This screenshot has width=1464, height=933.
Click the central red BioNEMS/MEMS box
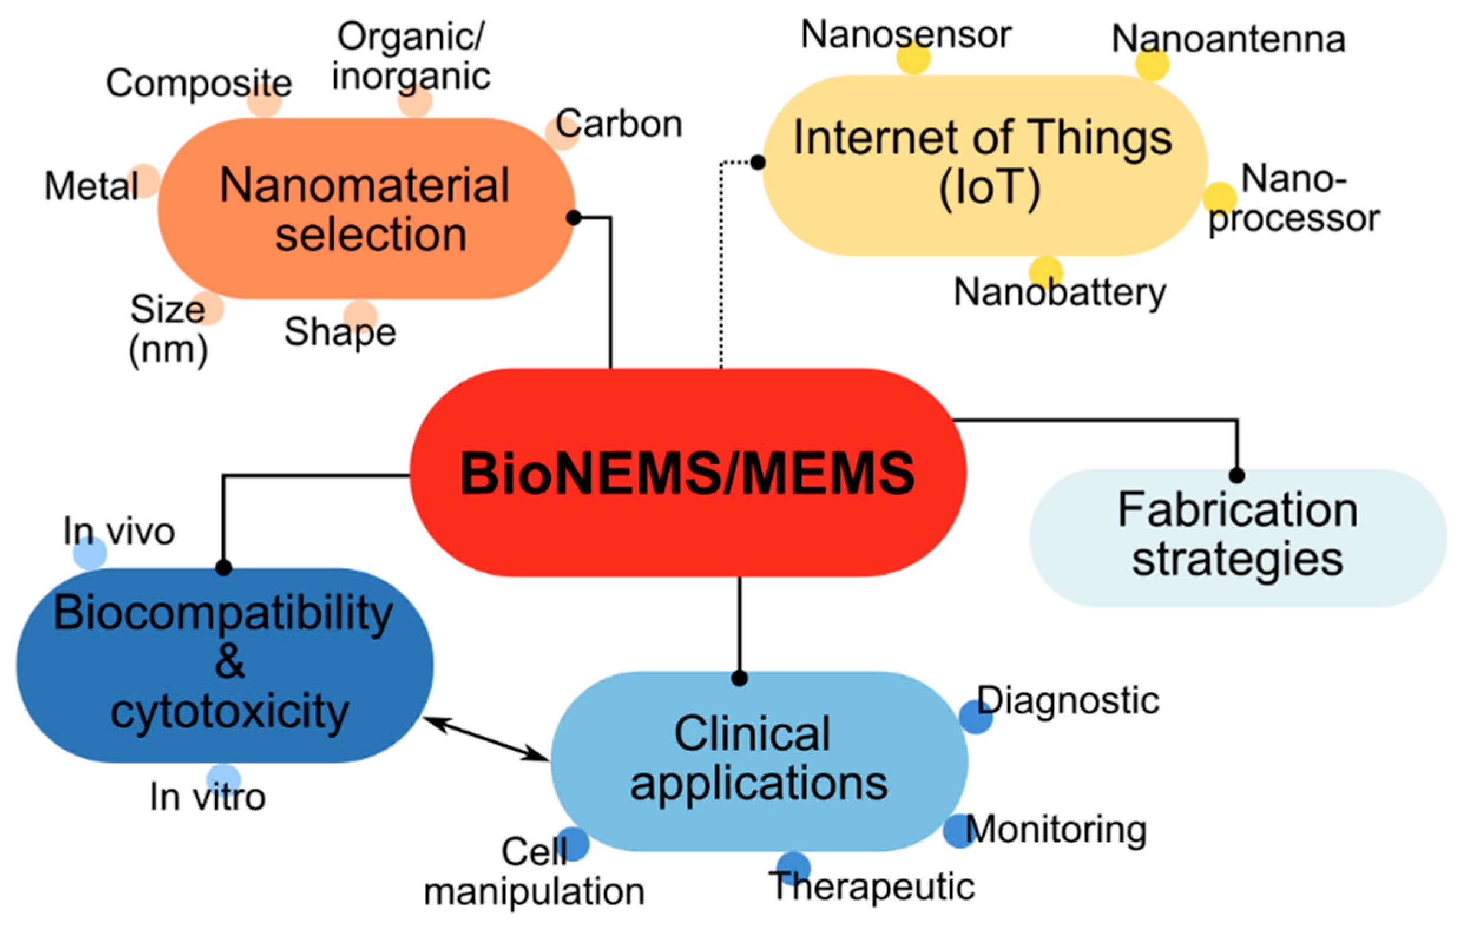[x=687, y=472]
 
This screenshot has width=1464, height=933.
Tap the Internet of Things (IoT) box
[x=983, y=164]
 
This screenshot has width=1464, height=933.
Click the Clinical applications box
[x=759, y=760]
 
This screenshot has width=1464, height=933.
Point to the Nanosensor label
[x=906, y=34]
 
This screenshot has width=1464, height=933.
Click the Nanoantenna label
[x=1228, y=39]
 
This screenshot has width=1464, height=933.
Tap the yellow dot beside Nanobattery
[x=1046, y=272]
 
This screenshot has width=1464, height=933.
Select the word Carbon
[x=619, y=124]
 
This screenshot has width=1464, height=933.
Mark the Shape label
[x=340, y=332]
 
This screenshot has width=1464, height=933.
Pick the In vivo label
[x=119, y=531]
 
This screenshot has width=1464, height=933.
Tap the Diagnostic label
[x=1068, y=700]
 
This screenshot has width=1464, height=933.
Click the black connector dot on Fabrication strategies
[x=1236, y=475]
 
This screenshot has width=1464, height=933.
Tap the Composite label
[x=199, y=83]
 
